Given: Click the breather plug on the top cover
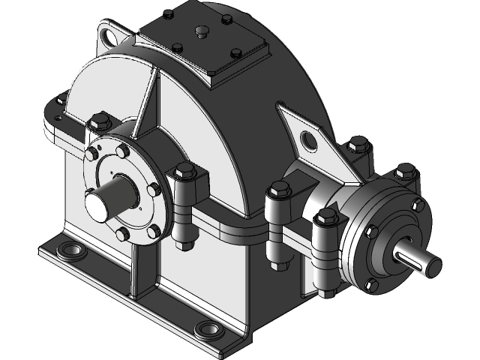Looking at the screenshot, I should pos(202,31).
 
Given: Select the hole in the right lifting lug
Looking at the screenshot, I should pos(308,139).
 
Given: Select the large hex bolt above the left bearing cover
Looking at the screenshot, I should pos(99,120).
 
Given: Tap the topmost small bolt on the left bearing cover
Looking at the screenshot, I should pos(120,150).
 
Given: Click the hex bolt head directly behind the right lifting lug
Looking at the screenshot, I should pos(358,144).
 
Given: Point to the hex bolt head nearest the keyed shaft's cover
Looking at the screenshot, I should pos(325,218).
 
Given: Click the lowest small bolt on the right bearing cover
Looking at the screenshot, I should pos(368,285).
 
